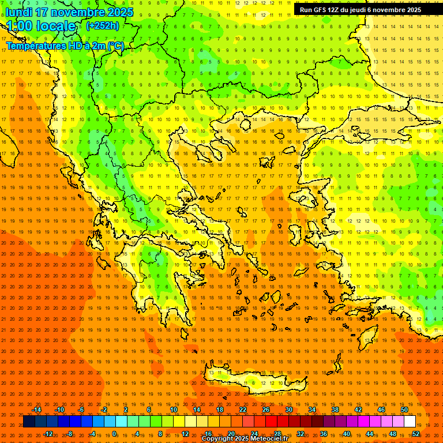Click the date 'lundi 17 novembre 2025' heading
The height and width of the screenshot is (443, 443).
(69, 12)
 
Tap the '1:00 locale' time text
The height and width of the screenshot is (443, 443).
(41, 26)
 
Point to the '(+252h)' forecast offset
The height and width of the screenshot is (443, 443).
(103, 26)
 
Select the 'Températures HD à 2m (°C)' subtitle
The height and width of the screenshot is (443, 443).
(65, 46)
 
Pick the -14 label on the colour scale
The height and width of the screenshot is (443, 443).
(36, 410)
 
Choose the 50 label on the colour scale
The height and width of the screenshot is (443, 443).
(404, 410)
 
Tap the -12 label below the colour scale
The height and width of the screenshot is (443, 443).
(48, 434)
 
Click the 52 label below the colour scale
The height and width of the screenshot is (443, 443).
(416, 434)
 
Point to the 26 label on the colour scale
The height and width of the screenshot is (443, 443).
(266, 410)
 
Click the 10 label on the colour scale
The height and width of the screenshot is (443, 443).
(174, 410)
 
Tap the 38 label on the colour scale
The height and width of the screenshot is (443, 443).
(335, 410)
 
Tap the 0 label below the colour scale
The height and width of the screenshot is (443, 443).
(114, 434)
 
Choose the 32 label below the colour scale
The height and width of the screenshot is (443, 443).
(301, 434)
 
